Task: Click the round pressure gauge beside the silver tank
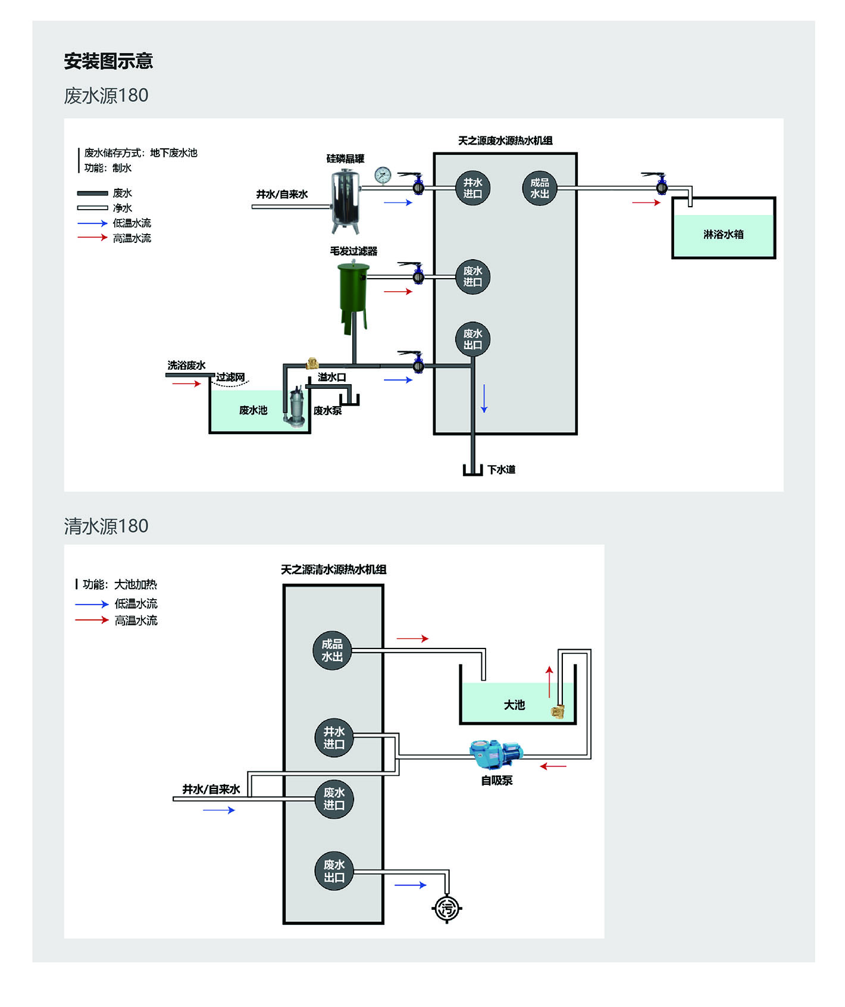383,175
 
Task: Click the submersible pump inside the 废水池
296,407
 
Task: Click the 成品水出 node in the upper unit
539,188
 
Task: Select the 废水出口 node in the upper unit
472,339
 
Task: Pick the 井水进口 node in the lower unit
334,738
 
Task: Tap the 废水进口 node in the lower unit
334,799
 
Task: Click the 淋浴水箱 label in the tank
723,234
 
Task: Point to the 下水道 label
501,470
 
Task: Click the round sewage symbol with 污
447,908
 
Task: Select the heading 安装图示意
108,61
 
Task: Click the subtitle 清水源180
106,526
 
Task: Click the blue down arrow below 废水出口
484,399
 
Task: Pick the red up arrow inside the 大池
549,681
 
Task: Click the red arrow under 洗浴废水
186,384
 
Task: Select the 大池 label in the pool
514,705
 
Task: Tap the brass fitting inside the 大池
558,711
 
